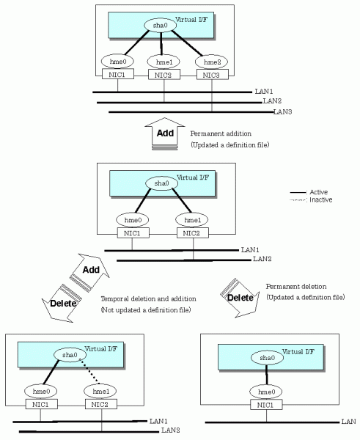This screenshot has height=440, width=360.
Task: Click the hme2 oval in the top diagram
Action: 211,62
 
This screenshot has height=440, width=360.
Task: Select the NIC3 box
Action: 212,75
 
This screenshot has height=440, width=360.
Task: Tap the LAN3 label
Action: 282,111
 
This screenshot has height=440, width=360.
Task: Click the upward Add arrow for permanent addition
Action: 165,133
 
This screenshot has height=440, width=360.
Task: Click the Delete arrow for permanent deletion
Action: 240,298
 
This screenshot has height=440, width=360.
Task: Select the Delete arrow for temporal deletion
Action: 62,304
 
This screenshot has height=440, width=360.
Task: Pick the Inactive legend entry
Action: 311,199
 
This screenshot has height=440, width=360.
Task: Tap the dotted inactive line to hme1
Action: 89,371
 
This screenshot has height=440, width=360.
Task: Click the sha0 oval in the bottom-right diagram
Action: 267,358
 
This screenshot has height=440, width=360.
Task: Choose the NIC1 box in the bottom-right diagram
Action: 266,405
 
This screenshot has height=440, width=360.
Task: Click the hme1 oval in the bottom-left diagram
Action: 100,391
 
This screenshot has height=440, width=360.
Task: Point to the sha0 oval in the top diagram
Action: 161,25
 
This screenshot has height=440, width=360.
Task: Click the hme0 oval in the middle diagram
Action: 133,220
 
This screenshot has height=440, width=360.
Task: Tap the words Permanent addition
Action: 221,133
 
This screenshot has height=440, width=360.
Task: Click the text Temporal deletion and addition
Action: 148,298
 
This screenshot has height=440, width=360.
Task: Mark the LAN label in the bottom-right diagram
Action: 348,421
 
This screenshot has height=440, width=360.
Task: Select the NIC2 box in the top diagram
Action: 164,75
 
